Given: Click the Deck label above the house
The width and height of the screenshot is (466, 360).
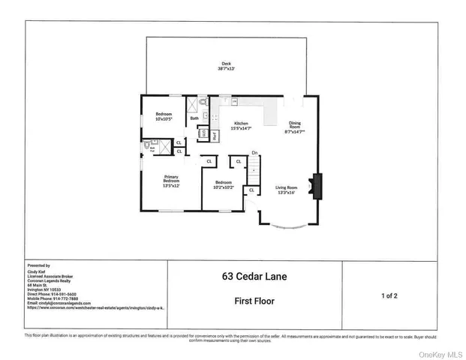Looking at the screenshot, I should point(226,63).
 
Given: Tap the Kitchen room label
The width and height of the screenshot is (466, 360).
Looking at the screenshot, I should point(241,123).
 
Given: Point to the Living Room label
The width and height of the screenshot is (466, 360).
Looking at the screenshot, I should point(287,187).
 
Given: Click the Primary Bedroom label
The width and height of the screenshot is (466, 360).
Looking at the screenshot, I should point(172,178).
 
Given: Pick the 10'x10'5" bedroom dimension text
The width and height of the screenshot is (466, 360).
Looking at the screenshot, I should point(164,118).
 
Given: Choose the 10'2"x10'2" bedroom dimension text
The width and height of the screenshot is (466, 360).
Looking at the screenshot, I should point(224,186).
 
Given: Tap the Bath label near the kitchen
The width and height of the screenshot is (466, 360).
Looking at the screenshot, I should point(194,118).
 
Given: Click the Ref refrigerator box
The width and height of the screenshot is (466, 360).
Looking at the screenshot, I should point(214,136).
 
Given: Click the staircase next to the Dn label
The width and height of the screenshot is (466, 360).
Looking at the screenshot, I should point(254,172).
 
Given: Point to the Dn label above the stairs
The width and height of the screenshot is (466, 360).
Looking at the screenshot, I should point(254,154).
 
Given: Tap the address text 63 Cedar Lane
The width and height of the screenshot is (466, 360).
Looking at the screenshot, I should point(254,276).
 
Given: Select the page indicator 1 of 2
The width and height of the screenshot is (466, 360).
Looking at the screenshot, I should point(389,296).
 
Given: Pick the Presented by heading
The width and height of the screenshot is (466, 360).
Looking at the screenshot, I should point(38,265).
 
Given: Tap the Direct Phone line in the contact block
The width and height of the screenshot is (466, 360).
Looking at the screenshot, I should point(55,293).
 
